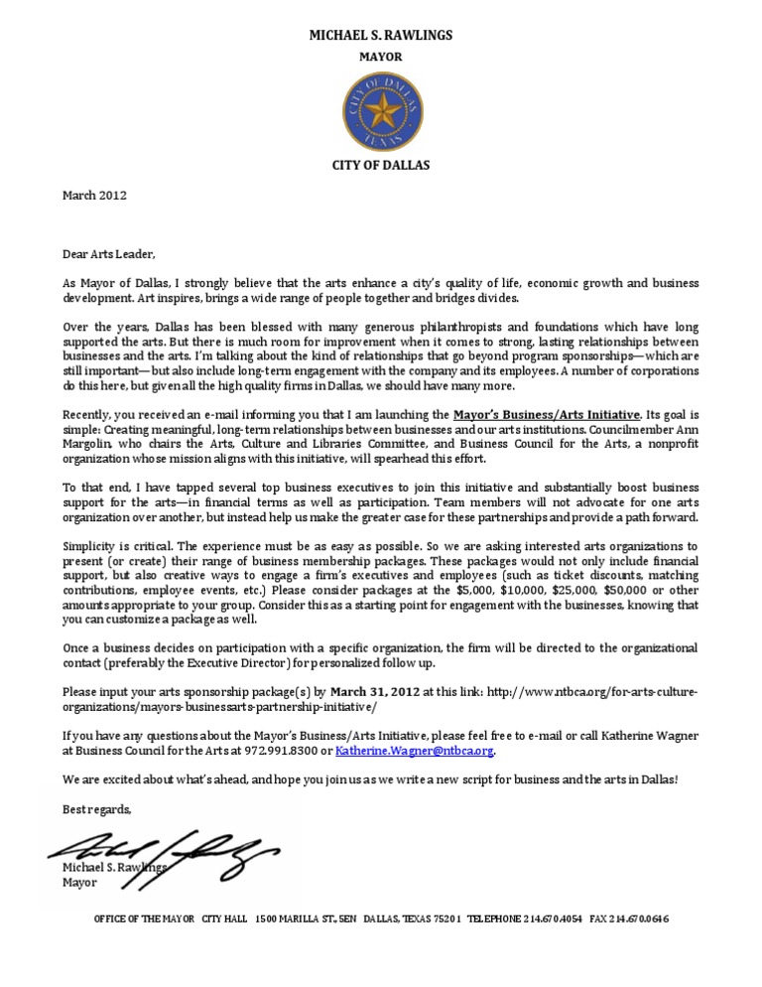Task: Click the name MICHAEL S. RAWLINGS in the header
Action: [381, 36]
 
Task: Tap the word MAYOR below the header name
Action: [381, 58]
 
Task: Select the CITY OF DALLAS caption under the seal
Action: [381, 166]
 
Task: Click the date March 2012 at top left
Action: [94, 196]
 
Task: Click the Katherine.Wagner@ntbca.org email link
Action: [414, 752]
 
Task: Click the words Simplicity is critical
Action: [117, 547]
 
